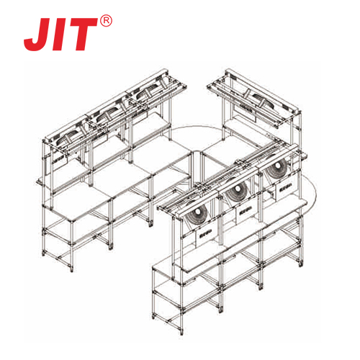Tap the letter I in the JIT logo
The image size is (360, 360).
click(x=63, y=35)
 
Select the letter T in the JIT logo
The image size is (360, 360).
click(x=84, y=34)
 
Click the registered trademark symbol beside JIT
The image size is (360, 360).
click(x=106, y=22)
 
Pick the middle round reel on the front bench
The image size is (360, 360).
click(x=237, y=189)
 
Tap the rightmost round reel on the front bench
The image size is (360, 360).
click(x=277, y=166)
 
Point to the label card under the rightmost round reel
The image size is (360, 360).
click(x=286, y=186)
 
